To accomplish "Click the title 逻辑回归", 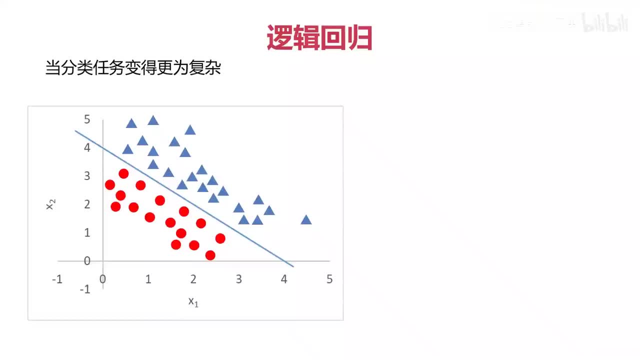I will (x=319, y=37).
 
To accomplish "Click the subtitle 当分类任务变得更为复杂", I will (x=133, y=68).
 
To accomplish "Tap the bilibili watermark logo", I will (x=605, y=24).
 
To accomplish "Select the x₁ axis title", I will (x=193, y=301).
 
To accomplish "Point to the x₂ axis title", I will (x=50, y=204).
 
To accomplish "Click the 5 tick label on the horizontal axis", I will (x=329, y=279).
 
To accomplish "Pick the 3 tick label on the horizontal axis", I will (x=238, y=279).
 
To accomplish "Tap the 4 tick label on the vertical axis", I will (x=87, y=147).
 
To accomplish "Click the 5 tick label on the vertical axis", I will (x=87, y=119).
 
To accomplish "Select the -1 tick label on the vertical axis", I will (x=85, y=289).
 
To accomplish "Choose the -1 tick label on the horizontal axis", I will (x=57, y=279).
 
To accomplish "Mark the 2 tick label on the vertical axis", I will (x=87, y=204).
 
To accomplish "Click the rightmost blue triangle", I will (x=306, y=220).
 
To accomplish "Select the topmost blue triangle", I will (x=153, y=120).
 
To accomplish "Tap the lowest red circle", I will (x=210, y=255).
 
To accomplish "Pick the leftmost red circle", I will (x=110, y=185).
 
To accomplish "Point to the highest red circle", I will (x=123, y=173).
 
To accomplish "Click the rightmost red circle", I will (x=220, y=238).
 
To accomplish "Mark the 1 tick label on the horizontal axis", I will (x=148, y=279).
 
